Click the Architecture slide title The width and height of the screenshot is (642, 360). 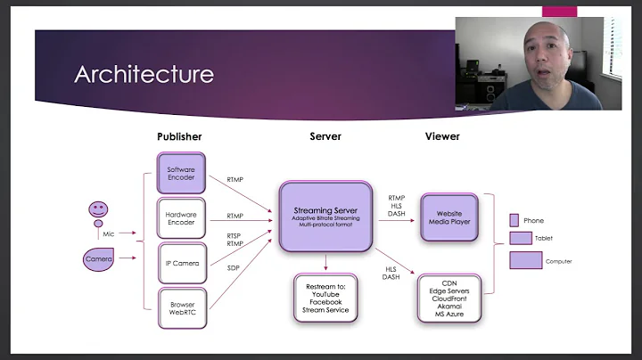tap(144, 73)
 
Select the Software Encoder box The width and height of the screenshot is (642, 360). tap(182, 171)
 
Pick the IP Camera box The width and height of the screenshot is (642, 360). tap(182, 263)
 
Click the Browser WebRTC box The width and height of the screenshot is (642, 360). tap(182, 309)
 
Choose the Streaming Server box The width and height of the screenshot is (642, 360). tap(325, 217)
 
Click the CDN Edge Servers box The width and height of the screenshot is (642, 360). tap(449, 297)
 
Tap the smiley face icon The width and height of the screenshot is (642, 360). tap(99, 212)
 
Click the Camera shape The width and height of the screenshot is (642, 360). tap(99, 259)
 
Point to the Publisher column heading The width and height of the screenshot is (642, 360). tap(179, 136)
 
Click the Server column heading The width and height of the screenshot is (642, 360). tap(325, 136)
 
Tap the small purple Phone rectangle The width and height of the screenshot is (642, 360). tap(514, 220)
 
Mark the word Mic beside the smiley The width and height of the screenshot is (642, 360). tap(109, 233)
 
